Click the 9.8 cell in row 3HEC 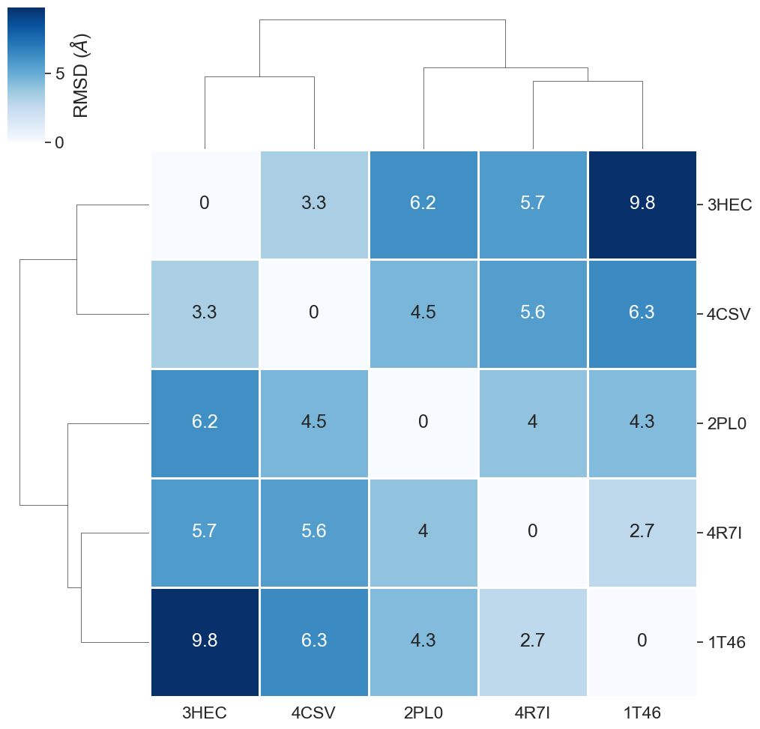pos(642,204)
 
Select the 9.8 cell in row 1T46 pos(205,641)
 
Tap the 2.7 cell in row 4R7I pos(642,532)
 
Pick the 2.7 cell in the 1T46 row pos(532,641)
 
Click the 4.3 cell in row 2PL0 pos(642,423)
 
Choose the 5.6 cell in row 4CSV pos(532,313)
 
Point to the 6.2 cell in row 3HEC pos(423,204)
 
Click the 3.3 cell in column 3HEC pos(205,313)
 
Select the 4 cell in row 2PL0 pos(532,423)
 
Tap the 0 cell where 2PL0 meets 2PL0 pos(423,423)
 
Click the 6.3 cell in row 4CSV pos(642,313)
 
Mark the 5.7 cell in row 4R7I pos(205,532)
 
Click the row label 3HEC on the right pos(729,205)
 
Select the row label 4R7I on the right pos(724,533)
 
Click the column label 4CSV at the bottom pos(313,713)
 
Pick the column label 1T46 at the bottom pos(642,713)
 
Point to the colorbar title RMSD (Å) pos(81,75)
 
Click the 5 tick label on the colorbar pos(59,73)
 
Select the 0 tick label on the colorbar pos(59,142)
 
